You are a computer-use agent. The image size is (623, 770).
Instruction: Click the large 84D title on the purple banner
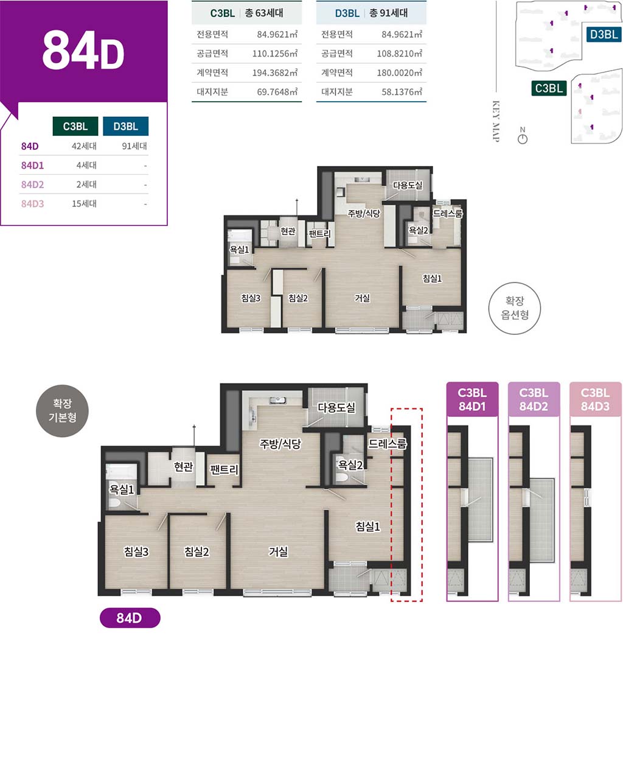pos(83,51)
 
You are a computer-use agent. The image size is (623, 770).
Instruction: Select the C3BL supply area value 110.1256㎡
pos(274,54)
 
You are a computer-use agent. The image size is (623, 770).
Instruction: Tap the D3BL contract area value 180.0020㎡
pos(399,72)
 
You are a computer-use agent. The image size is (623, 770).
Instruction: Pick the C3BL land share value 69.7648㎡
pos(277,92)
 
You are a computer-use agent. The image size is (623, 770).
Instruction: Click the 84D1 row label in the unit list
pos(32,166)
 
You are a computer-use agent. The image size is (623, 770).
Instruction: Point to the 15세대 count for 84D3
pos(84,203)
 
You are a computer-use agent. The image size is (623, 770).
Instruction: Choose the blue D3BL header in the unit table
pos(125,126)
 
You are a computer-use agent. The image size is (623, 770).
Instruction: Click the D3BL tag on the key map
pos(604,34)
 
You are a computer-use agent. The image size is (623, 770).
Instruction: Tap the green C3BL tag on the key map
pos(549,88)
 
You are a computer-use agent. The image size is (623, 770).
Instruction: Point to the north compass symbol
pos(522,139)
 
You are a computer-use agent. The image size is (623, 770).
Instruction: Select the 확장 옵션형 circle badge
pos(514,308)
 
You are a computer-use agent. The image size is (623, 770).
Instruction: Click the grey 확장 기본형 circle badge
pos(62,411)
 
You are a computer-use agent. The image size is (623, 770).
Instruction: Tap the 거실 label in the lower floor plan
pos(278,551)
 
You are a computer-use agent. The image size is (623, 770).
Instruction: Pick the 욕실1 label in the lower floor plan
pos(122,490)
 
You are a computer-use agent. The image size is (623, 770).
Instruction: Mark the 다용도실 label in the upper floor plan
pos(408,185)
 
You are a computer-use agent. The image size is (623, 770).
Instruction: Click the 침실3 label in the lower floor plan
pos(136,551)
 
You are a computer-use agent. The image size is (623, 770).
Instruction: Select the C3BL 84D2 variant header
pos(534,399)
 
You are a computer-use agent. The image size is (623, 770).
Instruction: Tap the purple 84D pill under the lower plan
pos(130,618)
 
